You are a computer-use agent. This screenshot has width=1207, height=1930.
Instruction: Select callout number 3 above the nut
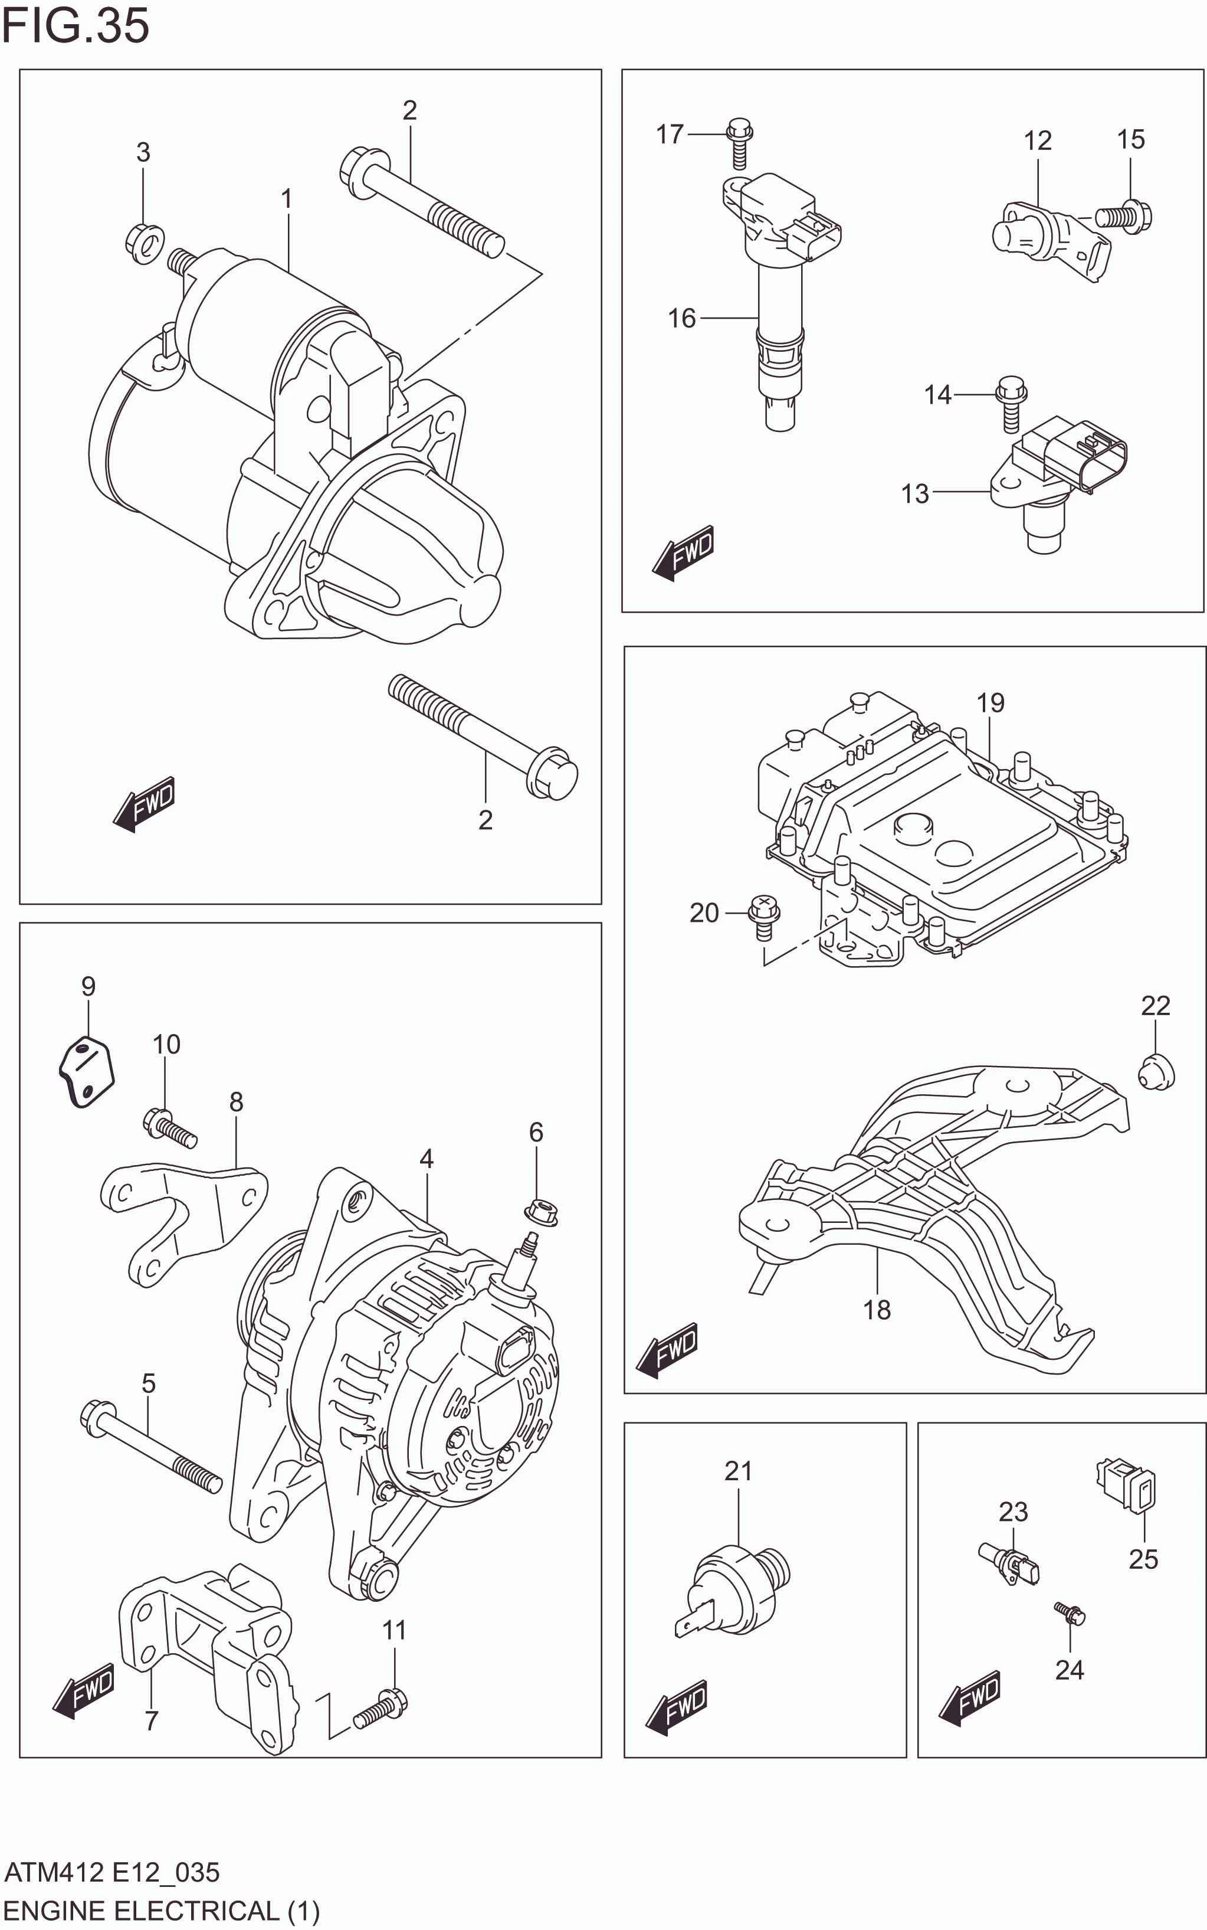(143, 152)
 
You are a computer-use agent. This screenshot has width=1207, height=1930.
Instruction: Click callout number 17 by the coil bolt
(670, 134)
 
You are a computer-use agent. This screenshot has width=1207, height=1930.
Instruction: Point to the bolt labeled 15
(1123, 215)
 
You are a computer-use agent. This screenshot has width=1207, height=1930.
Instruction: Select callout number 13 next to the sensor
(915, 493)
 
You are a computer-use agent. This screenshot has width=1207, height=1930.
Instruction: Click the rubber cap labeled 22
(1155, 1072)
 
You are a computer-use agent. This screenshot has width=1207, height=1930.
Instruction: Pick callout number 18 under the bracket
(877, 1310)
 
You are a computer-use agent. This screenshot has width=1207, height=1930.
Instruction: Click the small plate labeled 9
(87, 1071)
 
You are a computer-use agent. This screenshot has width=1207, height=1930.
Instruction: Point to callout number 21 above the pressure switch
(739, 1471)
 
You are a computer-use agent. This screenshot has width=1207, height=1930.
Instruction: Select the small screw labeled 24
(1070, 1613)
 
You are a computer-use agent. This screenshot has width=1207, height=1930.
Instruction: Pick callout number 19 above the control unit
(990, 703)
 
